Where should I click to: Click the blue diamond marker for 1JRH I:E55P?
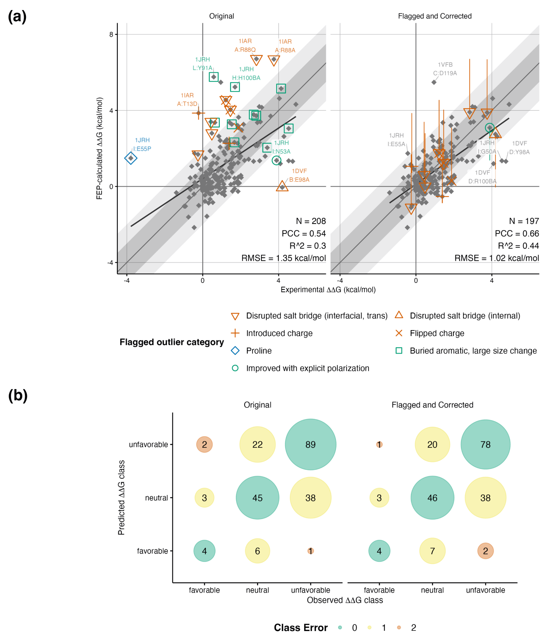pos(131,158)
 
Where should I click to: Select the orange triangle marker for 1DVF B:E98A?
pos(282,186)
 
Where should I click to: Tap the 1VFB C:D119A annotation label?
pos(445,69)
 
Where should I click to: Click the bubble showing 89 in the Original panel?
pos(310,444)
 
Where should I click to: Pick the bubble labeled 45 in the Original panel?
pos(257,498)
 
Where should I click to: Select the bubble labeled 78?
pos(485,444)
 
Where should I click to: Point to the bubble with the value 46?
pos(432,498)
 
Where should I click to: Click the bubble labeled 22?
pos(257,444)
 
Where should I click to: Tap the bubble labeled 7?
pos(432,551)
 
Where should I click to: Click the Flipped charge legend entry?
pos(437,333)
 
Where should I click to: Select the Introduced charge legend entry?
pos(279,333)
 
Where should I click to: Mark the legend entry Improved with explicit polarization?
pos(307,368)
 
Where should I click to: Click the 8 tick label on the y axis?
pos(111,35)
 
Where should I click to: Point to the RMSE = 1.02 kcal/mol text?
pos(496,258)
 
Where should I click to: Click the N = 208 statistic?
pos(311,221)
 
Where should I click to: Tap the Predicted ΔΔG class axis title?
pos(121,498)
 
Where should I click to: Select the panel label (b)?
pos(18,396)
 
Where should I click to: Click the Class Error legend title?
pos(301,628)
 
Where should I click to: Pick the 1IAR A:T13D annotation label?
pos(187,99)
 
